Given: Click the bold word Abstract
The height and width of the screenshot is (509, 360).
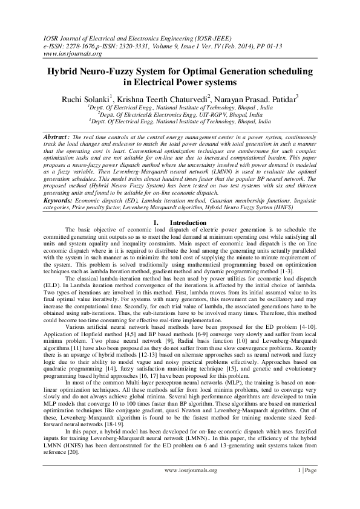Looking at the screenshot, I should click(57, 137).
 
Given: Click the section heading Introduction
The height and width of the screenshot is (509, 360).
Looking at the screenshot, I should click(188, 222).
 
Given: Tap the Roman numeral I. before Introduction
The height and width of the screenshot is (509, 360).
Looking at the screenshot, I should click(157, 222).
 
